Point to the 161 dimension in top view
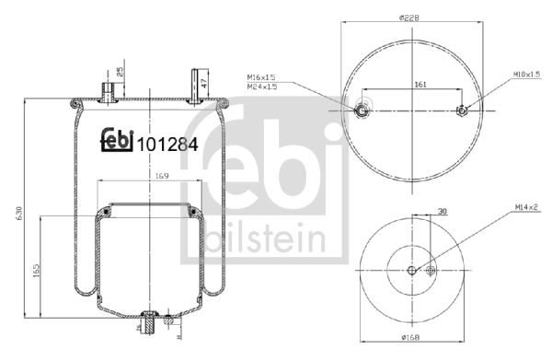[420, 85]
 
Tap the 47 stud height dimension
[204, 82]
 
